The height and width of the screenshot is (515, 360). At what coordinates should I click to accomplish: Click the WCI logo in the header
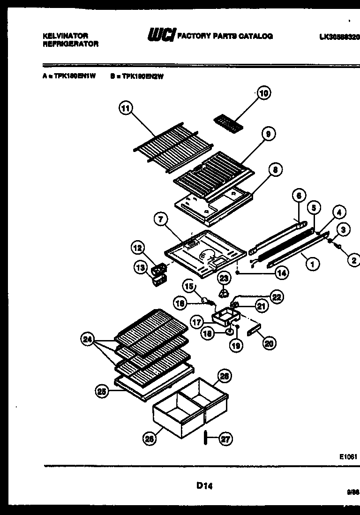(161, 36)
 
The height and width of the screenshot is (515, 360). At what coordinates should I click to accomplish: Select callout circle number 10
(264, 94)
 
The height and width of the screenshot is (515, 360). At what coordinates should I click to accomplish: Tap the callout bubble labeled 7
(160, 219)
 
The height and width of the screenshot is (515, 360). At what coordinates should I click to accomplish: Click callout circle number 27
(226, 439)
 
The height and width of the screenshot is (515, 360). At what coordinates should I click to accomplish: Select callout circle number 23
(224, 279)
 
